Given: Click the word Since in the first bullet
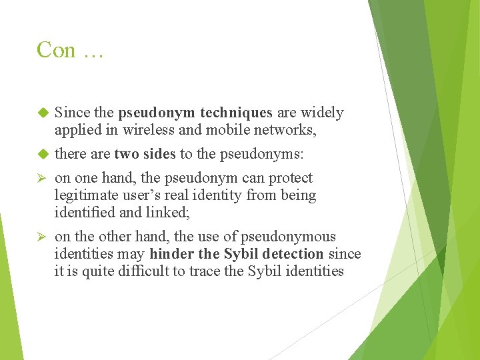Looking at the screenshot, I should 71,113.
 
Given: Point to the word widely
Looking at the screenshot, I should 323,113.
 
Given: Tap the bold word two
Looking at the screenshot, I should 126,155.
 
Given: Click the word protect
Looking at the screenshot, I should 290,179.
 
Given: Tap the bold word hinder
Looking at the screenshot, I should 172,254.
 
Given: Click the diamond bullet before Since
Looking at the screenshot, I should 44,113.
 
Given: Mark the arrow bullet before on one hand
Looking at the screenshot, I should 44,179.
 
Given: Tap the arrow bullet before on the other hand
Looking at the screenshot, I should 44,237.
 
